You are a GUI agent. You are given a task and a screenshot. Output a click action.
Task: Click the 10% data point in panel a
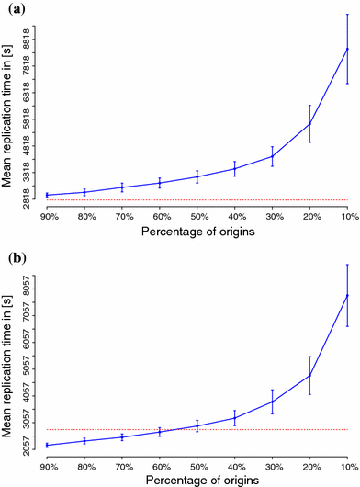[x=347, y=48]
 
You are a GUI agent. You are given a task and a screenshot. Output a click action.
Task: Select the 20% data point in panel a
[x=309, y=123]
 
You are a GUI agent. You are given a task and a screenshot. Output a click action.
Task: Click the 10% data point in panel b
[x=347, y=295]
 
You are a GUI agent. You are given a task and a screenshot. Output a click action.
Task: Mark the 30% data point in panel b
[x=272, y=402]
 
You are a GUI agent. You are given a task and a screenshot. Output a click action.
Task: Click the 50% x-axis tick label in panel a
[x=197, y=218]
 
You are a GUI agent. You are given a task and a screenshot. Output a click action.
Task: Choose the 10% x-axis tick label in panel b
[x=347, y=467]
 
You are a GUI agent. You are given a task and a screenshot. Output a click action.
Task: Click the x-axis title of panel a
[x=197, y=232]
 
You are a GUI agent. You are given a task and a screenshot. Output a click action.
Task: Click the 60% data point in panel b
[x=160, y=432]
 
